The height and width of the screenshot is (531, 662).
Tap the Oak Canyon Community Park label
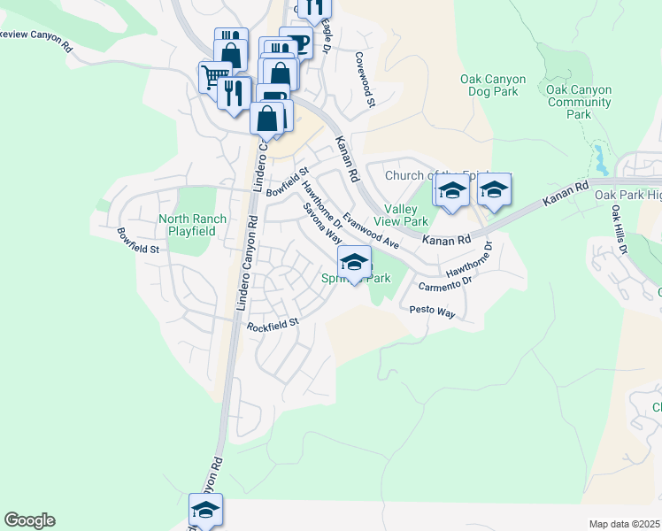580,102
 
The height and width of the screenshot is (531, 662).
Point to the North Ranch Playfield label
192,225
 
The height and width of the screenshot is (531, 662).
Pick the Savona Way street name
322,223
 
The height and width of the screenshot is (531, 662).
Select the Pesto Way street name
432,312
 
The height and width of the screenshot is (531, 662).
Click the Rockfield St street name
273,325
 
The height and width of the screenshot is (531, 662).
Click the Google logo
29,520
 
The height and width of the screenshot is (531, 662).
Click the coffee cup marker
295,42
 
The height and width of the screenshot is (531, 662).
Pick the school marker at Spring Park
354,262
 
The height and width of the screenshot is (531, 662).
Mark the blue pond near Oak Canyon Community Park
602,159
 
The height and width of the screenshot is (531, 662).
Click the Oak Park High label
627,195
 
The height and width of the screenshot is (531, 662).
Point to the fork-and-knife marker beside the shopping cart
234,93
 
